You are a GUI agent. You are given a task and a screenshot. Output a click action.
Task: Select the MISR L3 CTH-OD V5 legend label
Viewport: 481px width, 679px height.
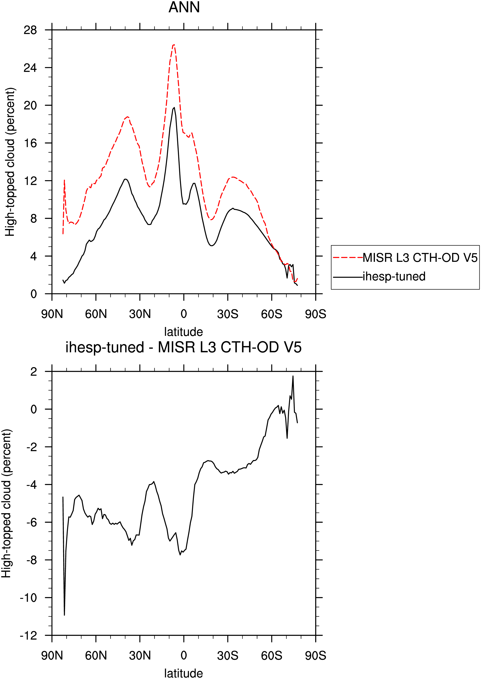[x=420, y=258]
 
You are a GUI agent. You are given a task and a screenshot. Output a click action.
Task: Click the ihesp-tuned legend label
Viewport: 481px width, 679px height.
[x=394, y=276]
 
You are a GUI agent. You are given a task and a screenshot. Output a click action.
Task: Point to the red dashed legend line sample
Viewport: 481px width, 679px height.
[x=348, y=258]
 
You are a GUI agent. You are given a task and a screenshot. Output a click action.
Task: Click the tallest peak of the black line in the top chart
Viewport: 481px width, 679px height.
[x=174, y=107]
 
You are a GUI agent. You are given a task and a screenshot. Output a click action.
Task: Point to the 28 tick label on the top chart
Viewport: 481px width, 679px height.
[x=30, y=30]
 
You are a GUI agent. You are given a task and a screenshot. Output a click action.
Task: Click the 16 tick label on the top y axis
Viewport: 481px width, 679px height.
[x=30, y=143]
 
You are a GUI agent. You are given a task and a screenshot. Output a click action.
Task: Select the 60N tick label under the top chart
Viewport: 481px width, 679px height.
[x=96, y=314]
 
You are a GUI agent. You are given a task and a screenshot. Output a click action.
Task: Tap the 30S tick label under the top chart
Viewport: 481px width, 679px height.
[x=228, y=314]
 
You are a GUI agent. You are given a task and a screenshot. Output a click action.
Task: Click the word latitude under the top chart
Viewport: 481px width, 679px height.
[x=184, y=332]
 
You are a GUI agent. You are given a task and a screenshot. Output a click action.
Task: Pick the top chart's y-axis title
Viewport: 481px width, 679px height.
[x=10, y=162]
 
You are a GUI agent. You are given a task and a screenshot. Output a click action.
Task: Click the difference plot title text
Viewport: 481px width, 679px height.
[x=184, y=347]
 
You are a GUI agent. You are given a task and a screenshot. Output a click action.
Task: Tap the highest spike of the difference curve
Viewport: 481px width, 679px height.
[x=293, y=376]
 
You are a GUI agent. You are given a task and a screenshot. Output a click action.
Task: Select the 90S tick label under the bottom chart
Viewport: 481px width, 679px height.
[x=316, y=655]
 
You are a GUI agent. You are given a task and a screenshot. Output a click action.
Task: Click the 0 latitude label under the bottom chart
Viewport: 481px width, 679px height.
[x=184, y=655]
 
